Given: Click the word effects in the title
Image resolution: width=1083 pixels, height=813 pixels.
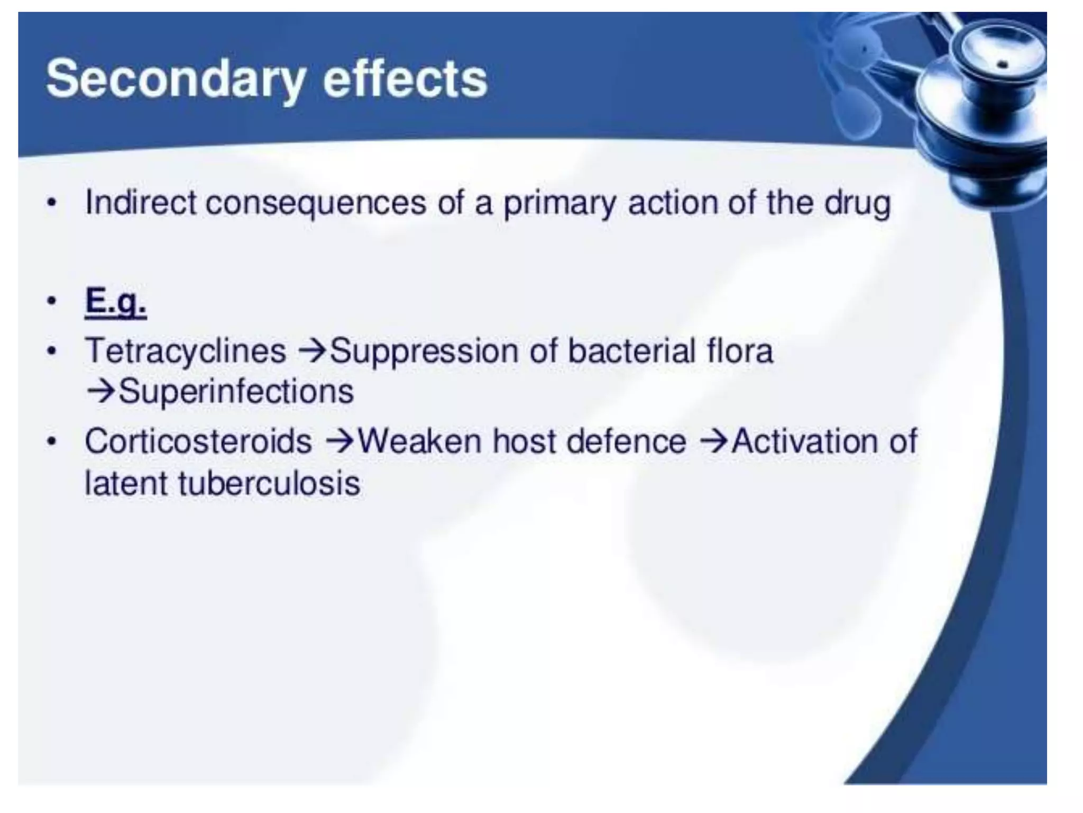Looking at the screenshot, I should tap(405, 79).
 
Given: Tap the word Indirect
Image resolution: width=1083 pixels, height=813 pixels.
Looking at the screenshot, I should tap(141, 202).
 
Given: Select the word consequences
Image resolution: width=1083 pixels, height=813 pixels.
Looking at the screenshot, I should tap(316, 203).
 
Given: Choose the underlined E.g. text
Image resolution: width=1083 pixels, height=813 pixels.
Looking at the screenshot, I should tap(116, 302).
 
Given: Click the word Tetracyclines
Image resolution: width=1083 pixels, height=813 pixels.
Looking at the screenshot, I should tap(185, 350).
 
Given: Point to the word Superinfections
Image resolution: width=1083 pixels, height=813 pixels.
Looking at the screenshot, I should tap(236, 392).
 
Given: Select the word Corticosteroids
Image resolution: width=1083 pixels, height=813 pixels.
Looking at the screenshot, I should tap(198, 441).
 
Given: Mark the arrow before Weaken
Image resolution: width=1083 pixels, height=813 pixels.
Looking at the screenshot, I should tap(339, 441).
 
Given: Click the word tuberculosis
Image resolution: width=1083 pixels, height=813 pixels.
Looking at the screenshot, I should tap(269, 483).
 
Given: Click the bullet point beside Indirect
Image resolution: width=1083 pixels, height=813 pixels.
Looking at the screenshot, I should tap(51, 203).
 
